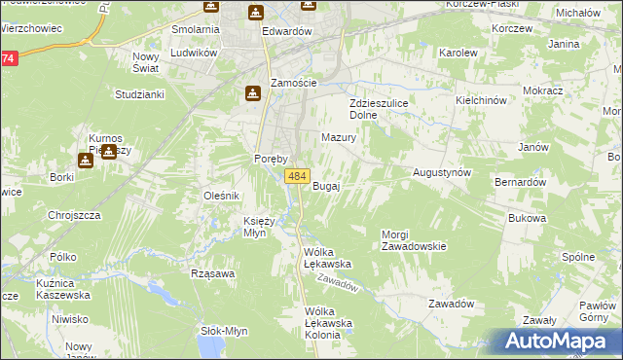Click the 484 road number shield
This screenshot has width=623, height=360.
click(x=298, y=176)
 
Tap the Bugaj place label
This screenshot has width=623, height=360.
click(x=325, y=186)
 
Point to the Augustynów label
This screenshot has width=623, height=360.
click(x=442, y=171)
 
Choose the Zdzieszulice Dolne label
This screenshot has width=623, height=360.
click(x=377, y=108)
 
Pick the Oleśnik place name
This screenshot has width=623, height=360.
click(x=221, y=196)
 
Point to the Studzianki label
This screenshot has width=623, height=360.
click(x=139, y=94)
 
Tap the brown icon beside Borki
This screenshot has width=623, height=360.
click(x=85, y=161)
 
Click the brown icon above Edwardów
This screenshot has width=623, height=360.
click(x=255, y=13)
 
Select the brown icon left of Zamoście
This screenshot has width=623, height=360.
click(x=252, y=92)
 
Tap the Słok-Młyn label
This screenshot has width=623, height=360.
click(x=223, y=330)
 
